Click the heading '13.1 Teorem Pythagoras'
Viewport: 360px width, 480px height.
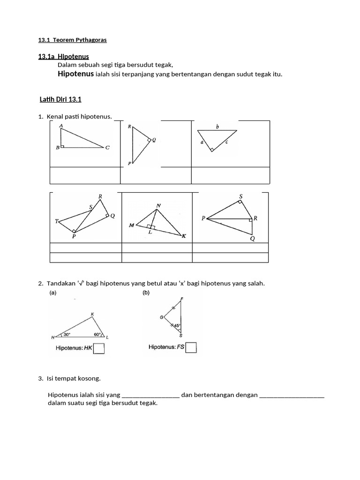(x=72, y=40)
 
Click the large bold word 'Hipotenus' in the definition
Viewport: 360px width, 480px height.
(x=75, y=74)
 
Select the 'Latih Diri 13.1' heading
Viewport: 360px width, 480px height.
(x=61, y=99)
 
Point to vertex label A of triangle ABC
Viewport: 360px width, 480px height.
(x=61, y=126)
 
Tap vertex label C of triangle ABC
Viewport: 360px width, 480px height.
(x=107, y=148)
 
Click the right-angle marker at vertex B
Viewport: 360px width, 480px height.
(x=62, y=146)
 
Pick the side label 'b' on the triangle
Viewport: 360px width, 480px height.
(x=217, y=127)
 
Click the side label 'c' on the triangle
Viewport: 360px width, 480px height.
(x=226, y=142)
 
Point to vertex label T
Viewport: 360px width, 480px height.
(x=57, y=221)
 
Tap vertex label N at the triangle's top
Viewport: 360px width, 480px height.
(x=158, y=205)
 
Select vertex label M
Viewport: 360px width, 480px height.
(x=132, y=225)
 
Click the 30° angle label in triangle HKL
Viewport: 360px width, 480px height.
(x=67, y=334)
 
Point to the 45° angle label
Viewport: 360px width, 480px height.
(x=177, y=325)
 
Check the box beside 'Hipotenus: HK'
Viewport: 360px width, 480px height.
(x=98, y=349)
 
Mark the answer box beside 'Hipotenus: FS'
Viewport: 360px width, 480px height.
(x=191, y=347)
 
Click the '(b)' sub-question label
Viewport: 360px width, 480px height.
(x=146, y=293)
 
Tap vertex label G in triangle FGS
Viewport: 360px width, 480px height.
(x=162, y=317)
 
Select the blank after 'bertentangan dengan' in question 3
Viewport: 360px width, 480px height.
(x=291, y=395)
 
